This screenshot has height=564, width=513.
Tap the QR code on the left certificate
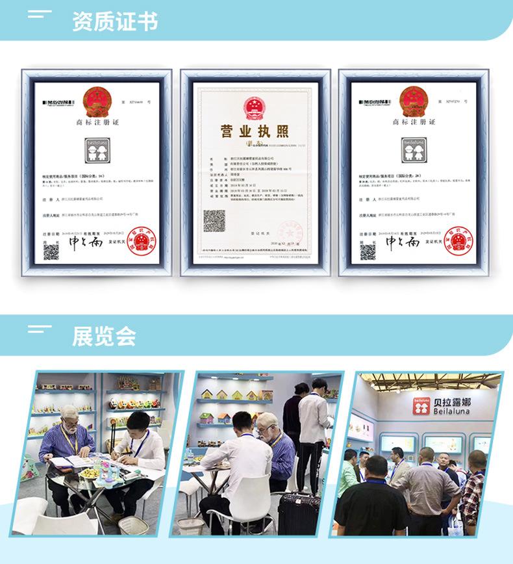click(x=51, y=251)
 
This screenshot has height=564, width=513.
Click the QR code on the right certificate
click(x=367, y=251)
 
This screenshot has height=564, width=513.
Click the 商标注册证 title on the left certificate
click(x=99, y=123)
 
